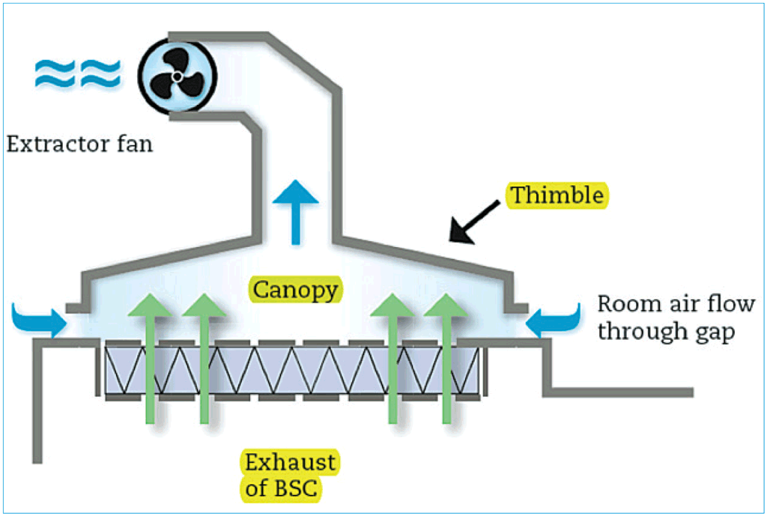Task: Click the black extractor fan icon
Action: (178, 76)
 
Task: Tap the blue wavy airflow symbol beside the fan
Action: (77, 73)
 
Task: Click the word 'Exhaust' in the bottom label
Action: (290, 461)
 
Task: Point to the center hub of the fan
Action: (177, 76)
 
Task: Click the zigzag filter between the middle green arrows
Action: (300, 371)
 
